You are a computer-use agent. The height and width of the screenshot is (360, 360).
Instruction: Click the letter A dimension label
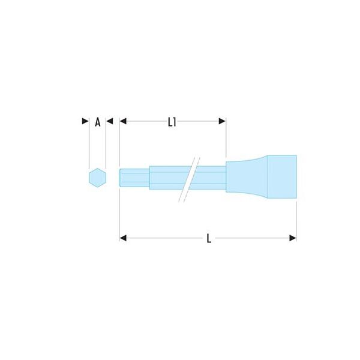[x=98, y=122]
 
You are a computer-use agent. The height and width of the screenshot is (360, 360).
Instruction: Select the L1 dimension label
[x=172, y=122]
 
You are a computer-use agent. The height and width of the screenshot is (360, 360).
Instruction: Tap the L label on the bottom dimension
[x=209, y=238]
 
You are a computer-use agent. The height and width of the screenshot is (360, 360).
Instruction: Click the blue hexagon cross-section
[x=98, y=178]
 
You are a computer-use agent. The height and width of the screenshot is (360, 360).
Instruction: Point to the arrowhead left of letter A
[x=85, y=121]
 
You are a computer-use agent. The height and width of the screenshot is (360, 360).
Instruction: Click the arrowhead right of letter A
[x=110, y=121]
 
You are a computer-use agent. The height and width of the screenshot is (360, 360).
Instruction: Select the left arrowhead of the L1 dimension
[x=123, y=121]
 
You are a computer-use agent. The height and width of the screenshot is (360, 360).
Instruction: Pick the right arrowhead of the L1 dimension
[x=222, y=121]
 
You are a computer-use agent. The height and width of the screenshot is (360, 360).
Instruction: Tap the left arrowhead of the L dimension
[x=123, y=238]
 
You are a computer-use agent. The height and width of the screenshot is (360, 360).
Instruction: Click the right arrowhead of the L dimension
[x=293, y=238]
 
